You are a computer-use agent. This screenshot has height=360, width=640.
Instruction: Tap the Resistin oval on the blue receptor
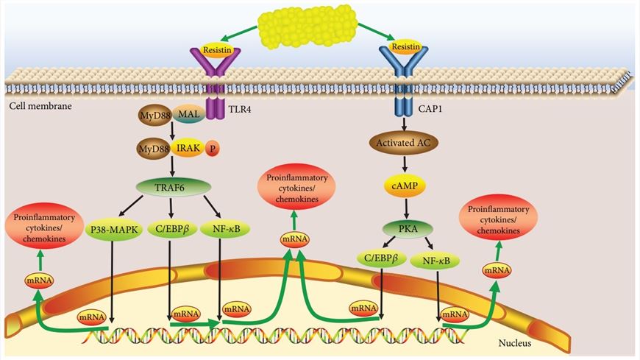[405, 47]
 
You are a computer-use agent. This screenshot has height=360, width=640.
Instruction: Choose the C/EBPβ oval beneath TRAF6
[170, 229]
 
